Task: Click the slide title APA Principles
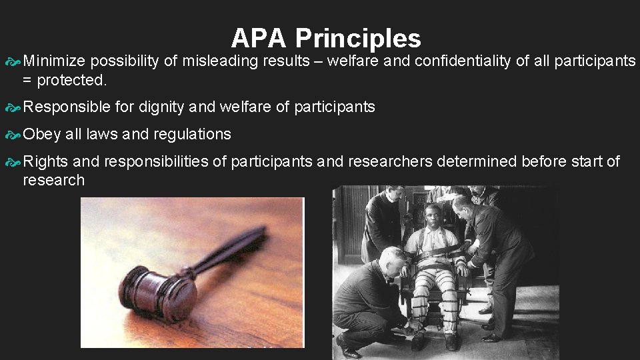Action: click(x=326, y=38)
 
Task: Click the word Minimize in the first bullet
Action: click(x=54, y=62)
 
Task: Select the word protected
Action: click(x=72, y=81)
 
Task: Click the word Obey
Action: click(x=41, y=134)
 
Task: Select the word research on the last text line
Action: click(x=53, y=180)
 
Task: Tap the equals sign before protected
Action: click(x=28, y=81)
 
